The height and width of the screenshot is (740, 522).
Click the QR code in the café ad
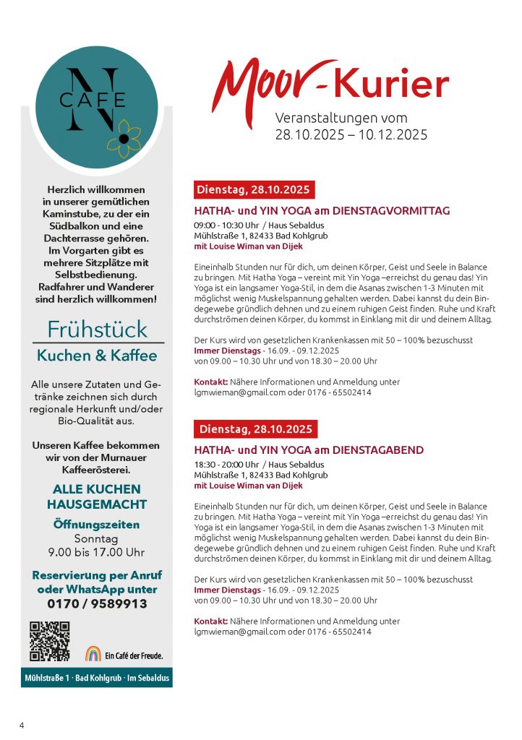49,641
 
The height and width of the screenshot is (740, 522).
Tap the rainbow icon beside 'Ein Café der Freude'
93,653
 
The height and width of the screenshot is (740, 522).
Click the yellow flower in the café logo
124,138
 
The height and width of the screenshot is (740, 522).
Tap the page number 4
22,725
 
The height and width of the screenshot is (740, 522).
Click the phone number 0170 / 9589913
97,604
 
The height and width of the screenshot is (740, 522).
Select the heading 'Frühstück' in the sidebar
97,329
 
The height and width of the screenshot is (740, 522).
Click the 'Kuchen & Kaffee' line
97,356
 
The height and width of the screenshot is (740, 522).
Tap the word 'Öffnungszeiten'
97,525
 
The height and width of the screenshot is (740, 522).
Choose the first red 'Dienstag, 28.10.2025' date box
253,190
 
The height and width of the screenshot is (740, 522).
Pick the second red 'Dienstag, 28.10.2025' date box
255,429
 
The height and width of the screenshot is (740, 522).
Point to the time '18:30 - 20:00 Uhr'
226,465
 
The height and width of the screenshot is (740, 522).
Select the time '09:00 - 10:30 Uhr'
226,225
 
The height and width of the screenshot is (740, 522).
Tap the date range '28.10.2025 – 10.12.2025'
351,134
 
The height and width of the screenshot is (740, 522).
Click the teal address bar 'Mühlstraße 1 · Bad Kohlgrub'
96,679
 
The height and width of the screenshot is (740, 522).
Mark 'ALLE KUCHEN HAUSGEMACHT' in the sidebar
97,497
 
